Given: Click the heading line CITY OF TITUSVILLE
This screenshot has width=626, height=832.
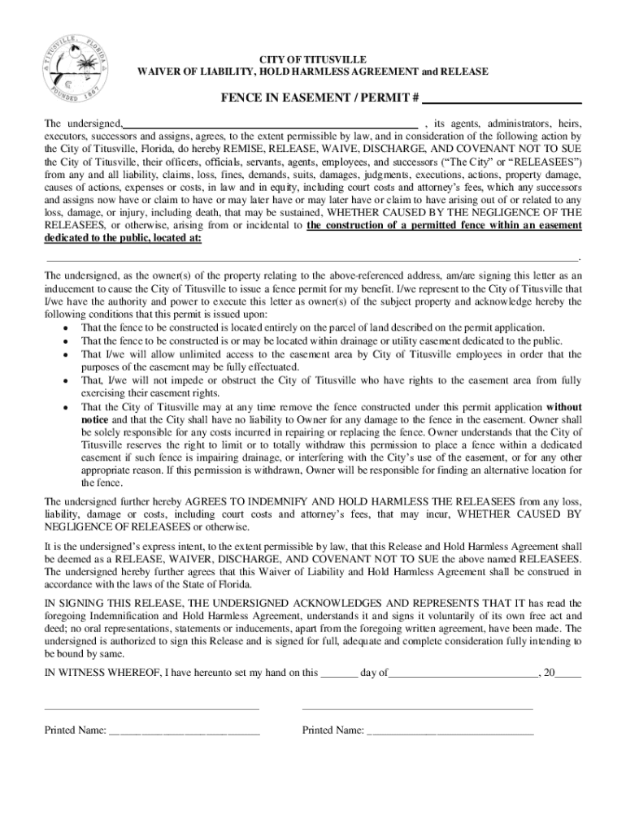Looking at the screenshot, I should (312, 60).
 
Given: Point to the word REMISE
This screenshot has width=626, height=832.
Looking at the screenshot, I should (257, 149).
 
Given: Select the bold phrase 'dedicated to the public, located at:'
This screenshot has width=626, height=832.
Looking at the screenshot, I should (123, 239).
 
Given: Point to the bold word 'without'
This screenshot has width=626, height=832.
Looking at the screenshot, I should (563, 406).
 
